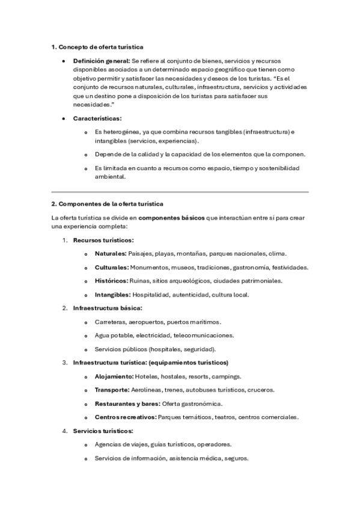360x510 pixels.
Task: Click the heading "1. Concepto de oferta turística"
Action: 97,47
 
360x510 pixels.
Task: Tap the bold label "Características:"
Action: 97,118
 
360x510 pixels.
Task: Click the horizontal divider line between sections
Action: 180,192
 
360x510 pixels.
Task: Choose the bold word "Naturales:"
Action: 111,253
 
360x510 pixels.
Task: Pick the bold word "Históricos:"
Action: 111,281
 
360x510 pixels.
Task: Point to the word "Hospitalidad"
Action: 150,295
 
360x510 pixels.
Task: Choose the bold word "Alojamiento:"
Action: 114,376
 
